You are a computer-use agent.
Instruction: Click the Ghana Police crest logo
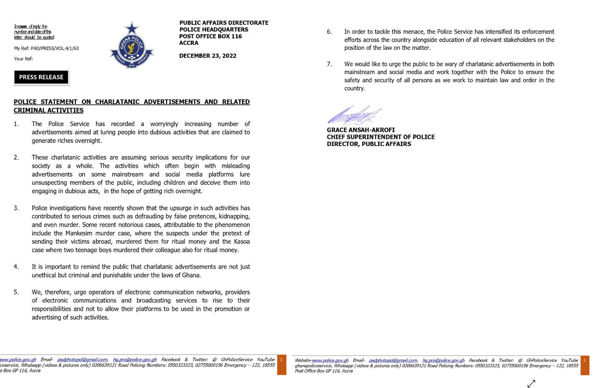coord(132,46)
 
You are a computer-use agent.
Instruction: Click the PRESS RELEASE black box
coord(41,77)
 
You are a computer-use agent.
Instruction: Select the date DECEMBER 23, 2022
coord(207,56)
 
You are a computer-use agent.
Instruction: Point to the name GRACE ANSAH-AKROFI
coord(361,130)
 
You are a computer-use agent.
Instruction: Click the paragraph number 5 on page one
coord(16,292)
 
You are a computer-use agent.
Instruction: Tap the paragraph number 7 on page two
coord(329,64)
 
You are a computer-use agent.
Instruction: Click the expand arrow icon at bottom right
coord(531,383)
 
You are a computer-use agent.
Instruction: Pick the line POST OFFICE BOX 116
coord(210,36)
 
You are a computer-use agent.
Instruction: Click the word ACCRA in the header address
coord(189,43)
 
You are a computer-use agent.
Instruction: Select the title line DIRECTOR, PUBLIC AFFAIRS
coord(369,144)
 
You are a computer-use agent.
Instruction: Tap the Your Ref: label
coord(23,59)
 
